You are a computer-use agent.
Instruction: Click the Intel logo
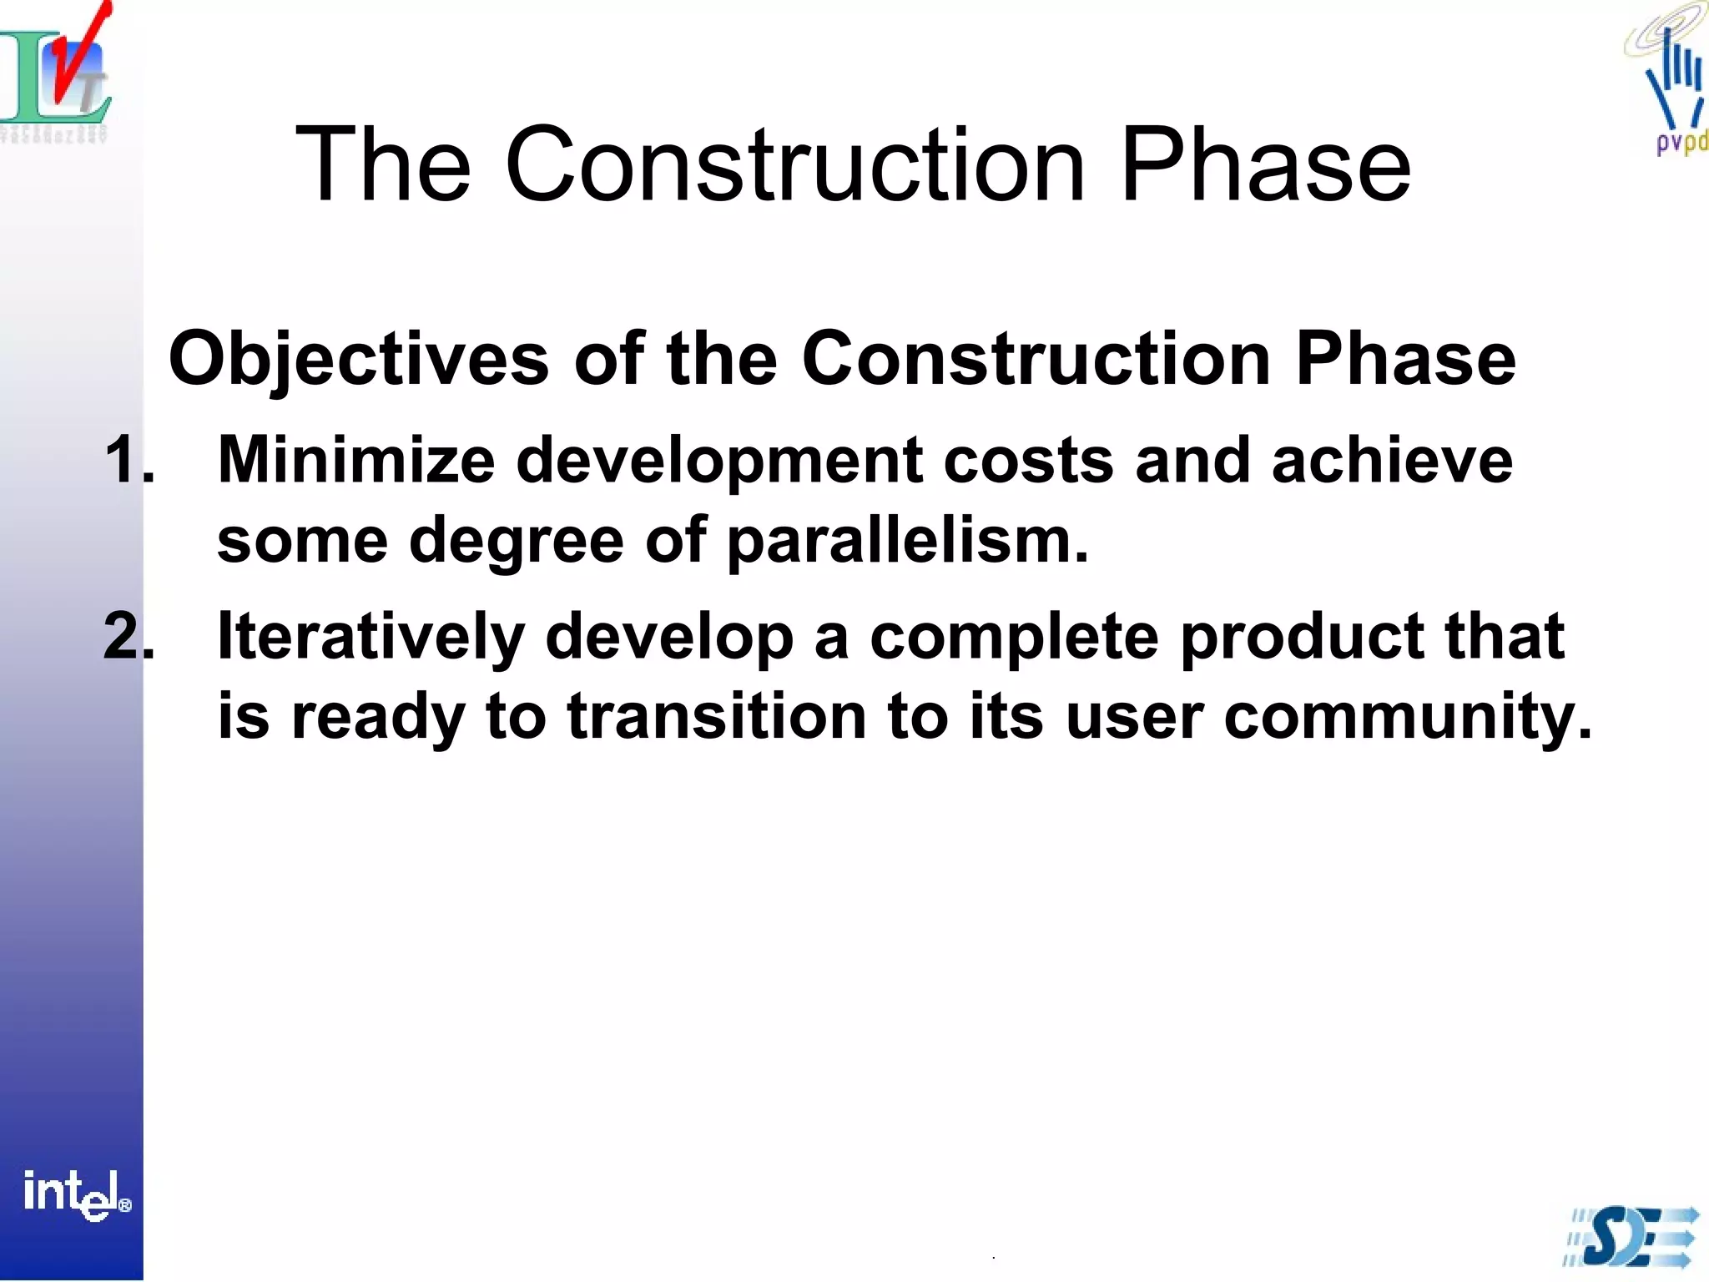[75, 1195]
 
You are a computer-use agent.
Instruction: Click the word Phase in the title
[1266, 164]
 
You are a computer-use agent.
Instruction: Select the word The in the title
[383, 164]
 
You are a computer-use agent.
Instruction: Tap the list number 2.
[129, 636]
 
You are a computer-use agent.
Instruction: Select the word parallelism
[907, 541]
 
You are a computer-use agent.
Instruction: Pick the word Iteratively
[371, 636]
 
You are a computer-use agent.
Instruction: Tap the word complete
[1014, 636]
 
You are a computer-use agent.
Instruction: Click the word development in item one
[719, 461]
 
